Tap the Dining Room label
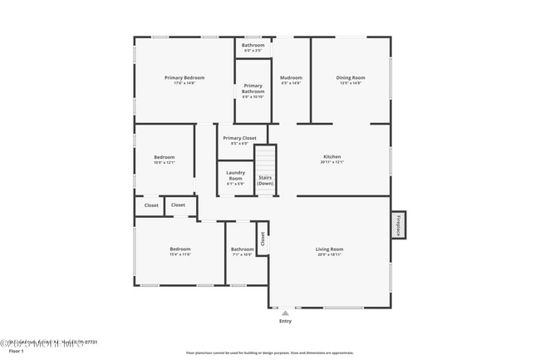351,78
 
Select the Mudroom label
291,78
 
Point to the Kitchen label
331,156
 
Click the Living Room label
329,249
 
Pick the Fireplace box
399,225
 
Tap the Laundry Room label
235,175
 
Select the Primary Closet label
239,138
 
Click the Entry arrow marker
285,313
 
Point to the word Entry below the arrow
285,320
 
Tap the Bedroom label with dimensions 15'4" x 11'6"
180,249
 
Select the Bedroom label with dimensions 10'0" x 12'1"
164,157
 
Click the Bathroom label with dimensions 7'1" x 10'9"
243,249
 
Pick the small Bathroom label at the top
253,45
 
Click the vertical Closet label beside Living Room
263,239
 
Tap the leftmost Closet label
151,205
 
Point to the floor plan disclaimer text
269,353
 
